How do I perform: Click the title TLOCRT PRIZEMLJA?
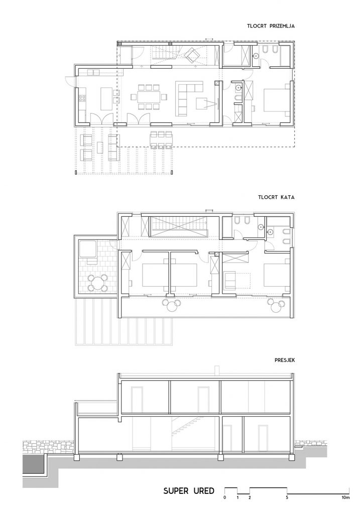271,26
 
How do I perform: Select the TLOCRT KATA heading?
276,197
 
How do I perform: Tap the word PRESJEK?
285,360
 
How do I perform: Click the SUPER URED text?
189,491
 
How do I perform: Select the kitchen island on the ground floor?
105,98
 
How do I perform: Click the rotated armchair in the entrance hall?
191,55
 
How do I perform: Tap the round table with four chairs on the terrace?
97,283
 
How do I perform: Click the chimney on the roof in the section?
216,370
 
